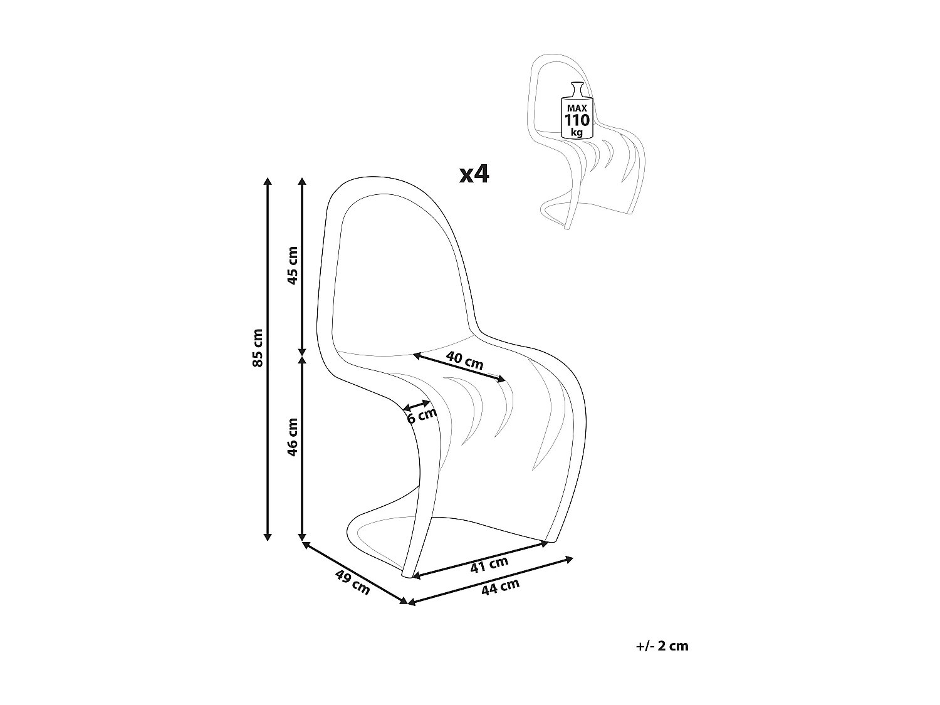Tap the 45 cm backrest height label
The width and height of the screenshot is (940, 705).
pos(293,265)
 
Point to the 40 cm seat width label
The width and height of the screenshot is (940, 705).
pos(464,360)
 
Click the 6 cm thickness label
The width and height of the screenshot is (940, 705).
pos(421,415)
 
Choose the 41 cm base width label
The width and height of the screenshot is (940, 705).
pos(489,565)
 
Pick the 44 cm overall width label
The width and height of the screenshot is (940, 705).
pos(500,587)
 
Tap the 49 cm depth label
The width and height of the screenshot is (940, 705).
pos(352,582)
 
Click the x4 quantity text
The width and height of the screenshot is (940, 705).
pos(474,174)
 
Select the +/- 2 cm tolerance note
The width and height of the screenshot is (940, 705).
pos(661,646)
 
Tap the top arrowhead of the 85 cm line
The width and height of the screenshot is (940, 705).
pos(268,182)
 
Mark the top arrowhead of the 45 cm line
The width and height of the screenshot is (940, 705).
pos(302,182)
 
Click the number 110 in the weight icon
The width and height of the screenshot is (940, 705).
pos(577,120)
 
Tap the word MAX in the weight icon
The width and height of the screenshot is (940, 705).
pos(577,108)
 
